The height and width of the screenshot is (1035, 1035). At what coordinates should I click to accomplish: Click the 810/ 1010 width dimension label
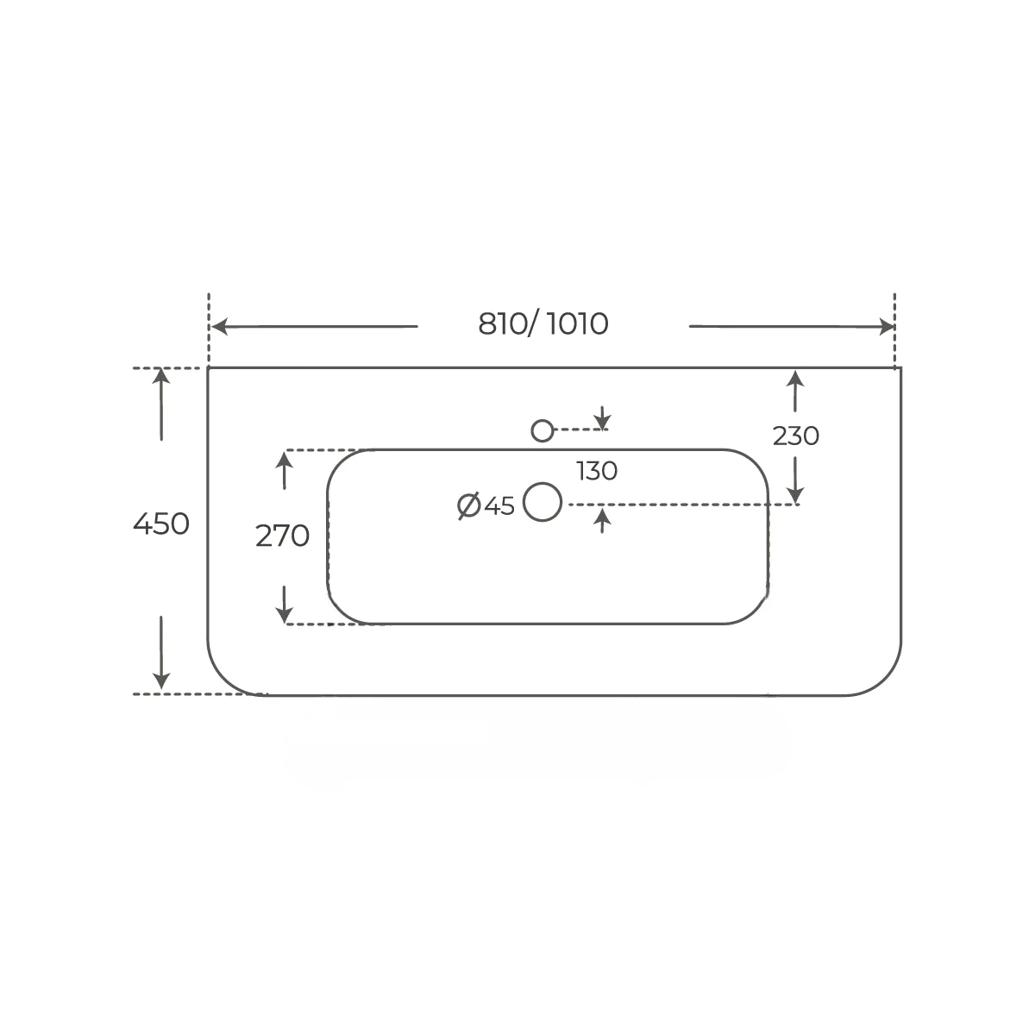543,324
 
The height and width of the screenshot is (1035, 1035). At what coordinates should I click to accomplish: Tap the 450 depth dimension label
161,524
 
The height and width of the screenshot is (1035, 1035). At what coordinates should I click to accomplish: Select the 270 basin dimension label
282,536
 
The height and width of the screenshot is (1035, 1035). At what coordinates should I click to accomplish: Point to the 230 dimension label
796,436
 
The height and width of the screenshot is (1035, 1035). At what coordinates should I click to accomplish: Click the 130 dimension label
597,471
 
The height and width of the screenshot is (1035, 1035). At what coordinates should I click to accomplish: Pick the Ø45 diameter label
486,505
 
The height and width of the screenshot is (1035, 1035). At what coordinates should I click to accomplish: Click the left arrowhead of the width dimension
220,327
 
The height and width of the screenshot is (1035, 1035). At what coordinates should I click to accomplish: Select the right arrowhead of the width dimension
887,327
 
